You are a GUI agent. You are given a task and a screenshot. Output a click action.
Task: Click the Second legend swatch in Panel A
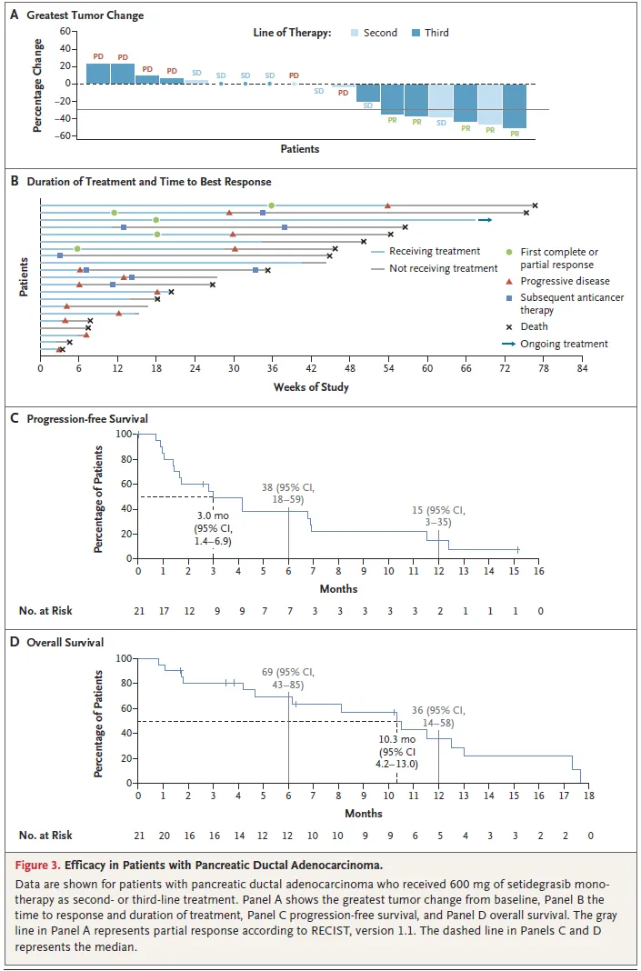355,33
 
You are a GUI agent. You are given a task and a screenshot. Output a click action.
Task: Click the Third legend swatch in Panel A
416,33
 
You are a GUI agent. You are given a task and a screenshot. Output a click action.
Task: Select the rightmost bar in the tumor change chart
514,105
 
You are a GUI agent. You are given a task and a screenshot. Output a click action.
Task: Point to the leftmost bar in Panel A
98,74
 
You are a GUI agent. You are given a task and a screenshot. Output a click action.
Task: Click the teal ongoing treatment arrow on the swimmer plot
486,220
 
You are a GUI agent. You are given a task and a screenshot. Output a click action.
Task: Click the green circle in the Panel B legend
510,252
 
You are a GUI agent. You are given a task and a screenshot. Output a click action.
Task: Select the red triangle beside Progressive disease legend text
510,281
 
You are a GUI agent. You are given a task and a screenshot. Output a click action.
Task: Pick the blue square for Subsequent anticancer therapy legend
510,298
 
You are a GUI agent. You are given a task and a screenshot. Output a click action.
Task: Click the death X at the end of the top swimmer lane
536,205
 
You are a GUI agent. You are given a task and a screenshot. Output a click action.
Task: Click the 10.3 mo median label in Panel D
397,738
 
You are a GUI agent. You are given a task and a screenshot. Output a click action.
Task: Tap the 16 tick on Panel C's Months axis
539,571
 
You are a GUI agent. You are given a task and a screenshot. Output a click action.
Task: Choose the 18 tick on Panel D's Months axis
589,796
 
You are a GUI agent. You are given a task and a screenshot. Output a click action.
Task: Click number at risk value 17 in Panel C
164,611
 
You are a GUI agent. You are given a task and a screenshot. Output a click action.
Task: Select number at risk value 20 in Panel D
164,836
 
